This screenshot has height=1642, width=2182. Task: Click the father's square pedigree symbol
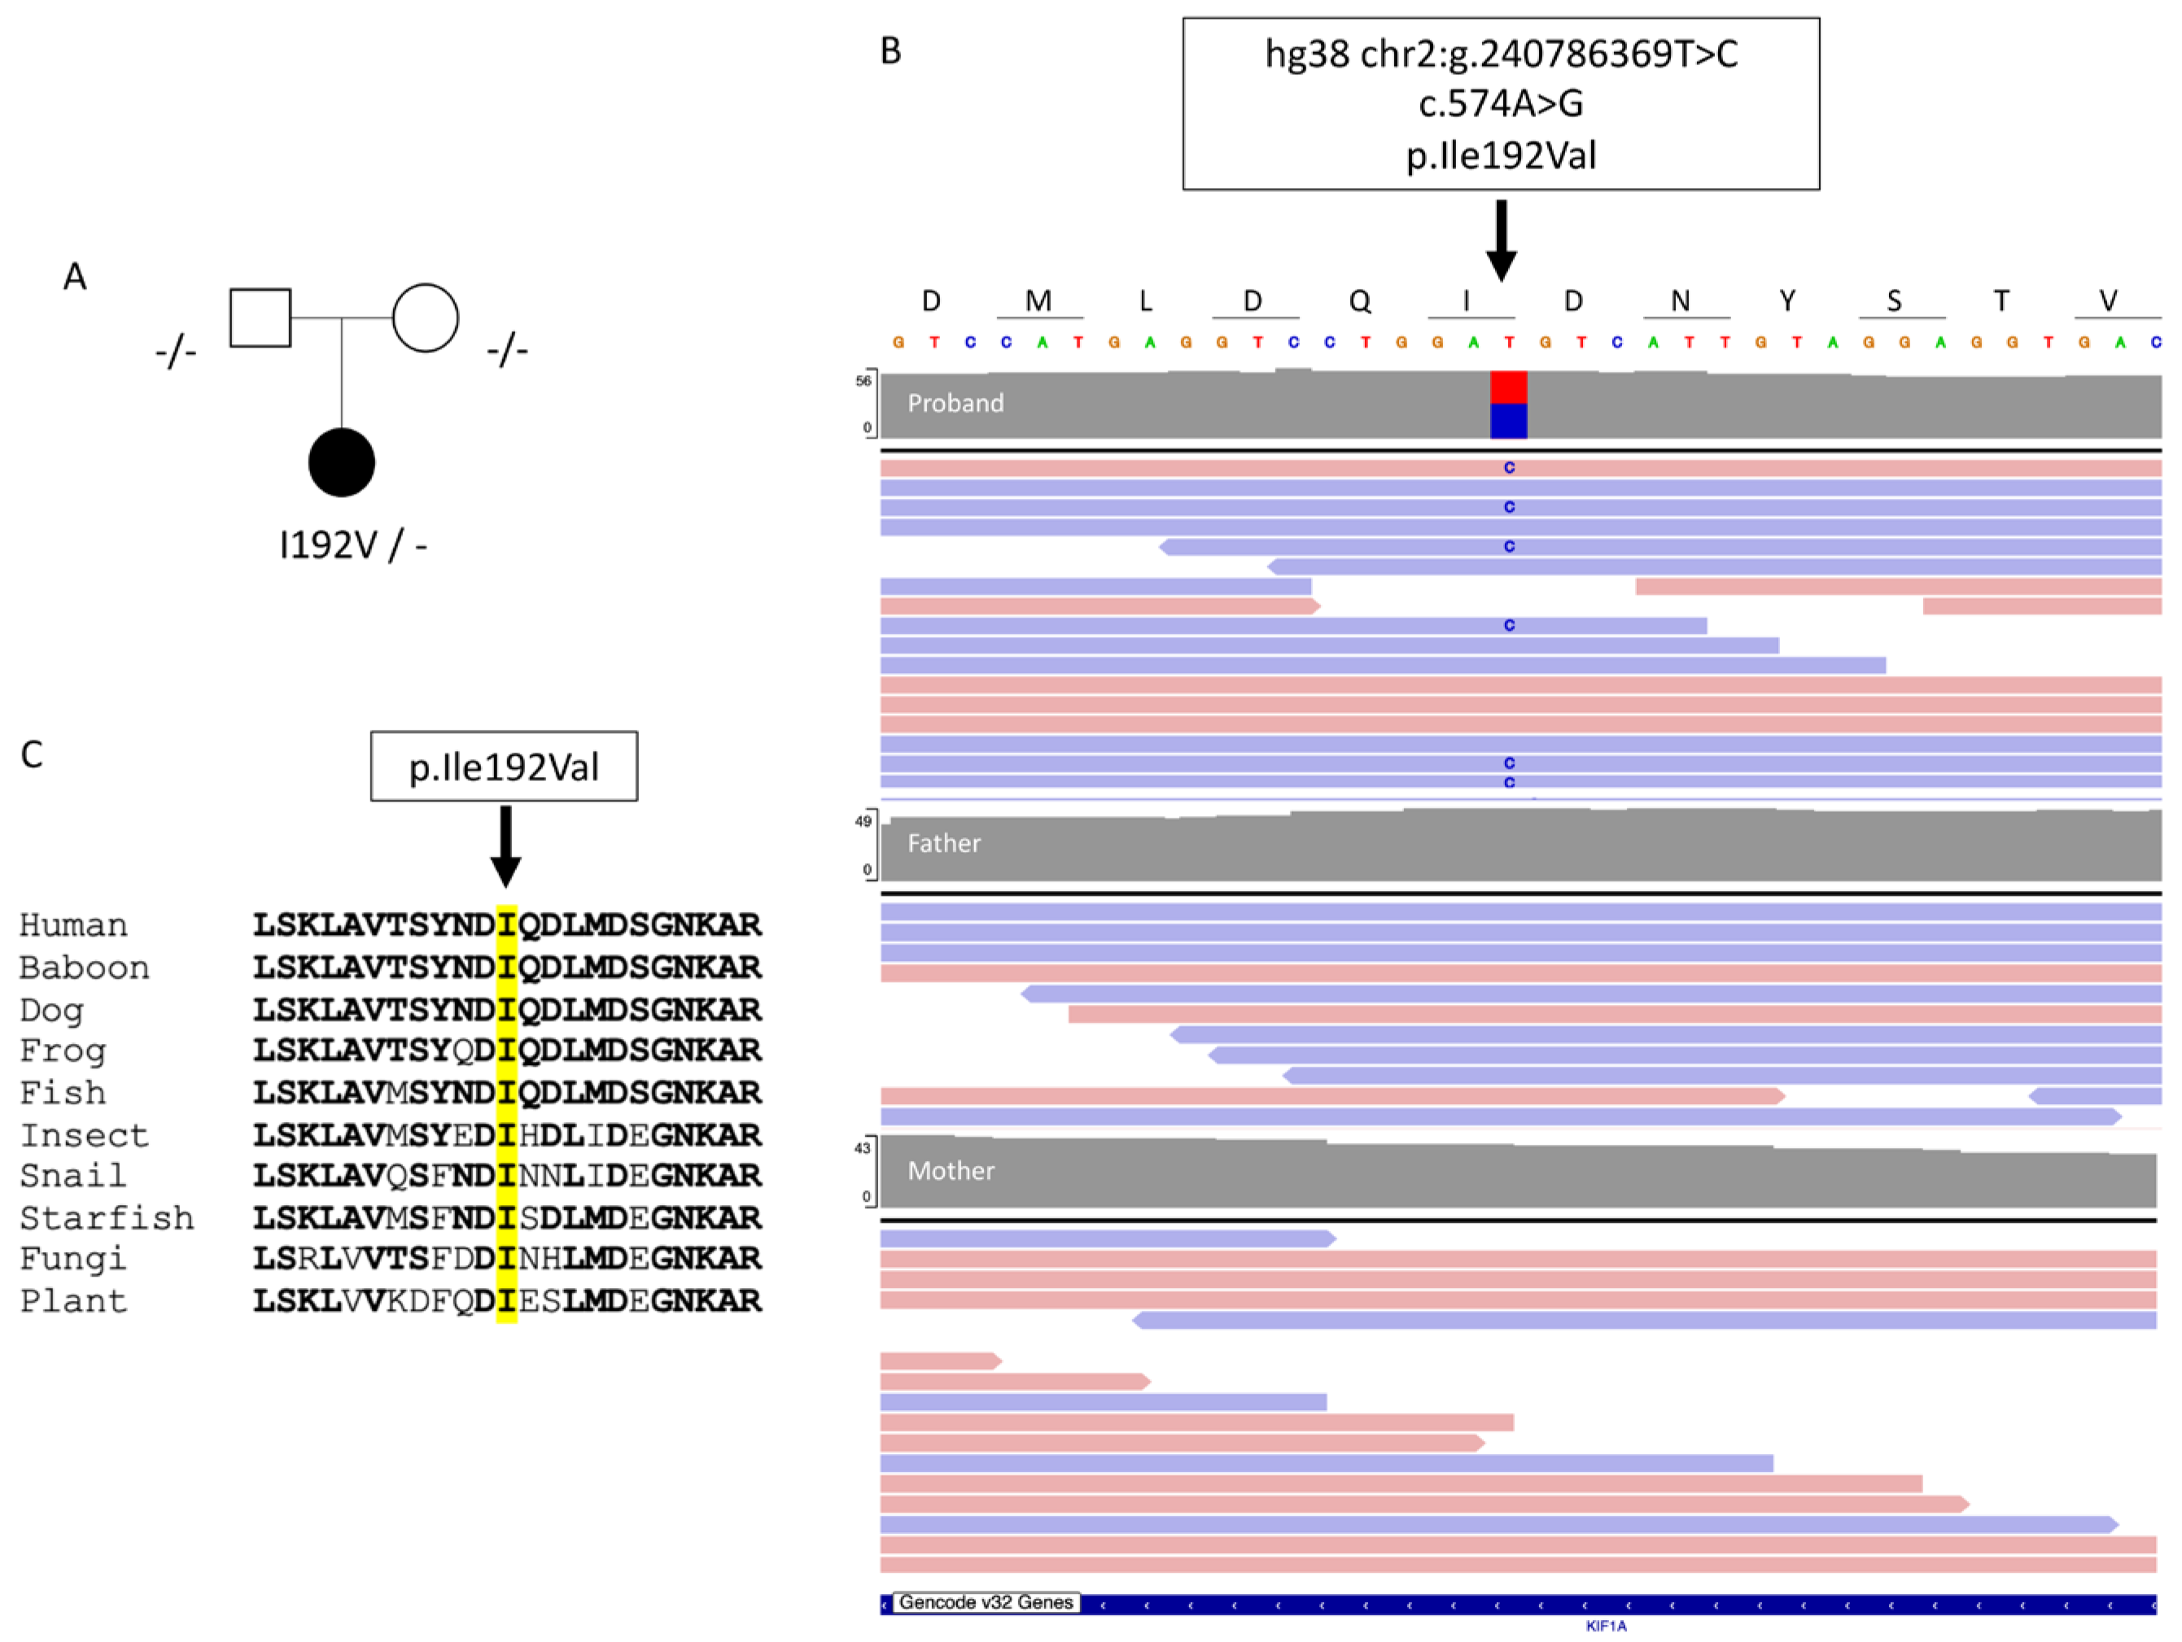click(x=260, y=317)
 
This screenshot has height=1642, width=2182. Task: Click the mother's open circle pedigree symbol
click(x=425, y=317)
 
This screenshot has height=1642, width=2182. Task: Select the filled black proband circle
click(x=341, y=462)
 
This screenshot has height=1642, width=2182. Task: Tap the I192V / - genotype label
click(x=353, y=544)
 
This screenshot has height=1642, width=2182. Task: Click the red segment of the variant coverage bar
click(x=1508, y=386)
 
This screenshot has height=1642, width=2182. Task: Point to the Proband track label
click(x=955, y=404)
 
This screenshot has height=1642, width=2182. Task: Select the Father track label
click(x=943, y=843)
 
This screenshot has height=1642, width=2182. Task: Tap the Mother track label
click(x=950, y=1171)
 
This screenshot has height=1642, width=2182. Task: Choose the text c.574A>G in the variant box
click(x=1500, y=103)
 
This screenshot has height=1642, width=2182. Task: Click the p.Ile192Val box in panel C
click(x=504, y=766)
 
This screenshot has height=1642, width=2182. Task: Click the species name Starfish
click(x=107, y=1218)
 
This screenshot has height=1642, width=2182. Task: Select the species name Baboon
click(x=84, y=967)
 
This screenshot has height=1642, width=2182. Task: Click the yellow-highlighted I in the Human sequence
click(x=506, y=925)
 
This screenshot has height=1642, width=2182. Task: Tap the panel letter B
click(x=890, y=51)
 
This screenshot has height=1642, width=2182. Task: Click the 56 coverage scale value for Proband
click(x=864, y=381)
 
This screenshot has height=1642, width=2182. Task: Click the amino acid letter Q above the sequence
click(x=1359, y=301)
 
